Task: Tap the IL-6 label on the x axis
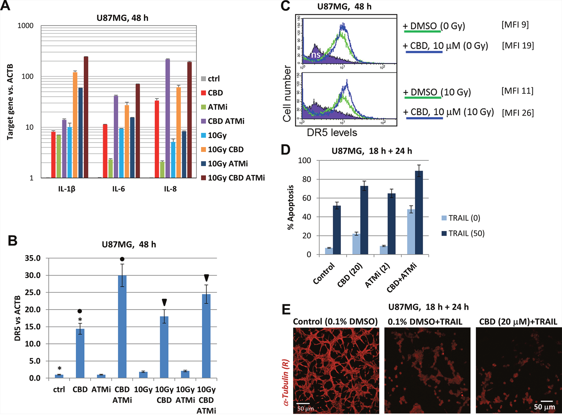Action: pos(118,189)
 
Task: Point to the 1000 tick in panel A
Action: pos(25,26)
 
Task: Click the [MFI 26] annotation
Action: pos(518,113)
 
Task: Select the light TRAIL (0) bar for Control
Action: pos(329,251)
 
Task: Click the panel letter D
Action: pos(285,150)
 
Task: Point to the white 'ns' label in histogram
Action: pos(315,55)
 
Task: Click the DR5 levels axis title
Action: pos(332,133)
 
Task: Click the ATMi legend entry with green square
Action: pos(217,107)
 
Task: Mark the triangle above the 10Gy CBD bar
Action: pos(164,302)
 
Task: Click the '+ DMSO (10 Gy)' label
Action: pos(437,92)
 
